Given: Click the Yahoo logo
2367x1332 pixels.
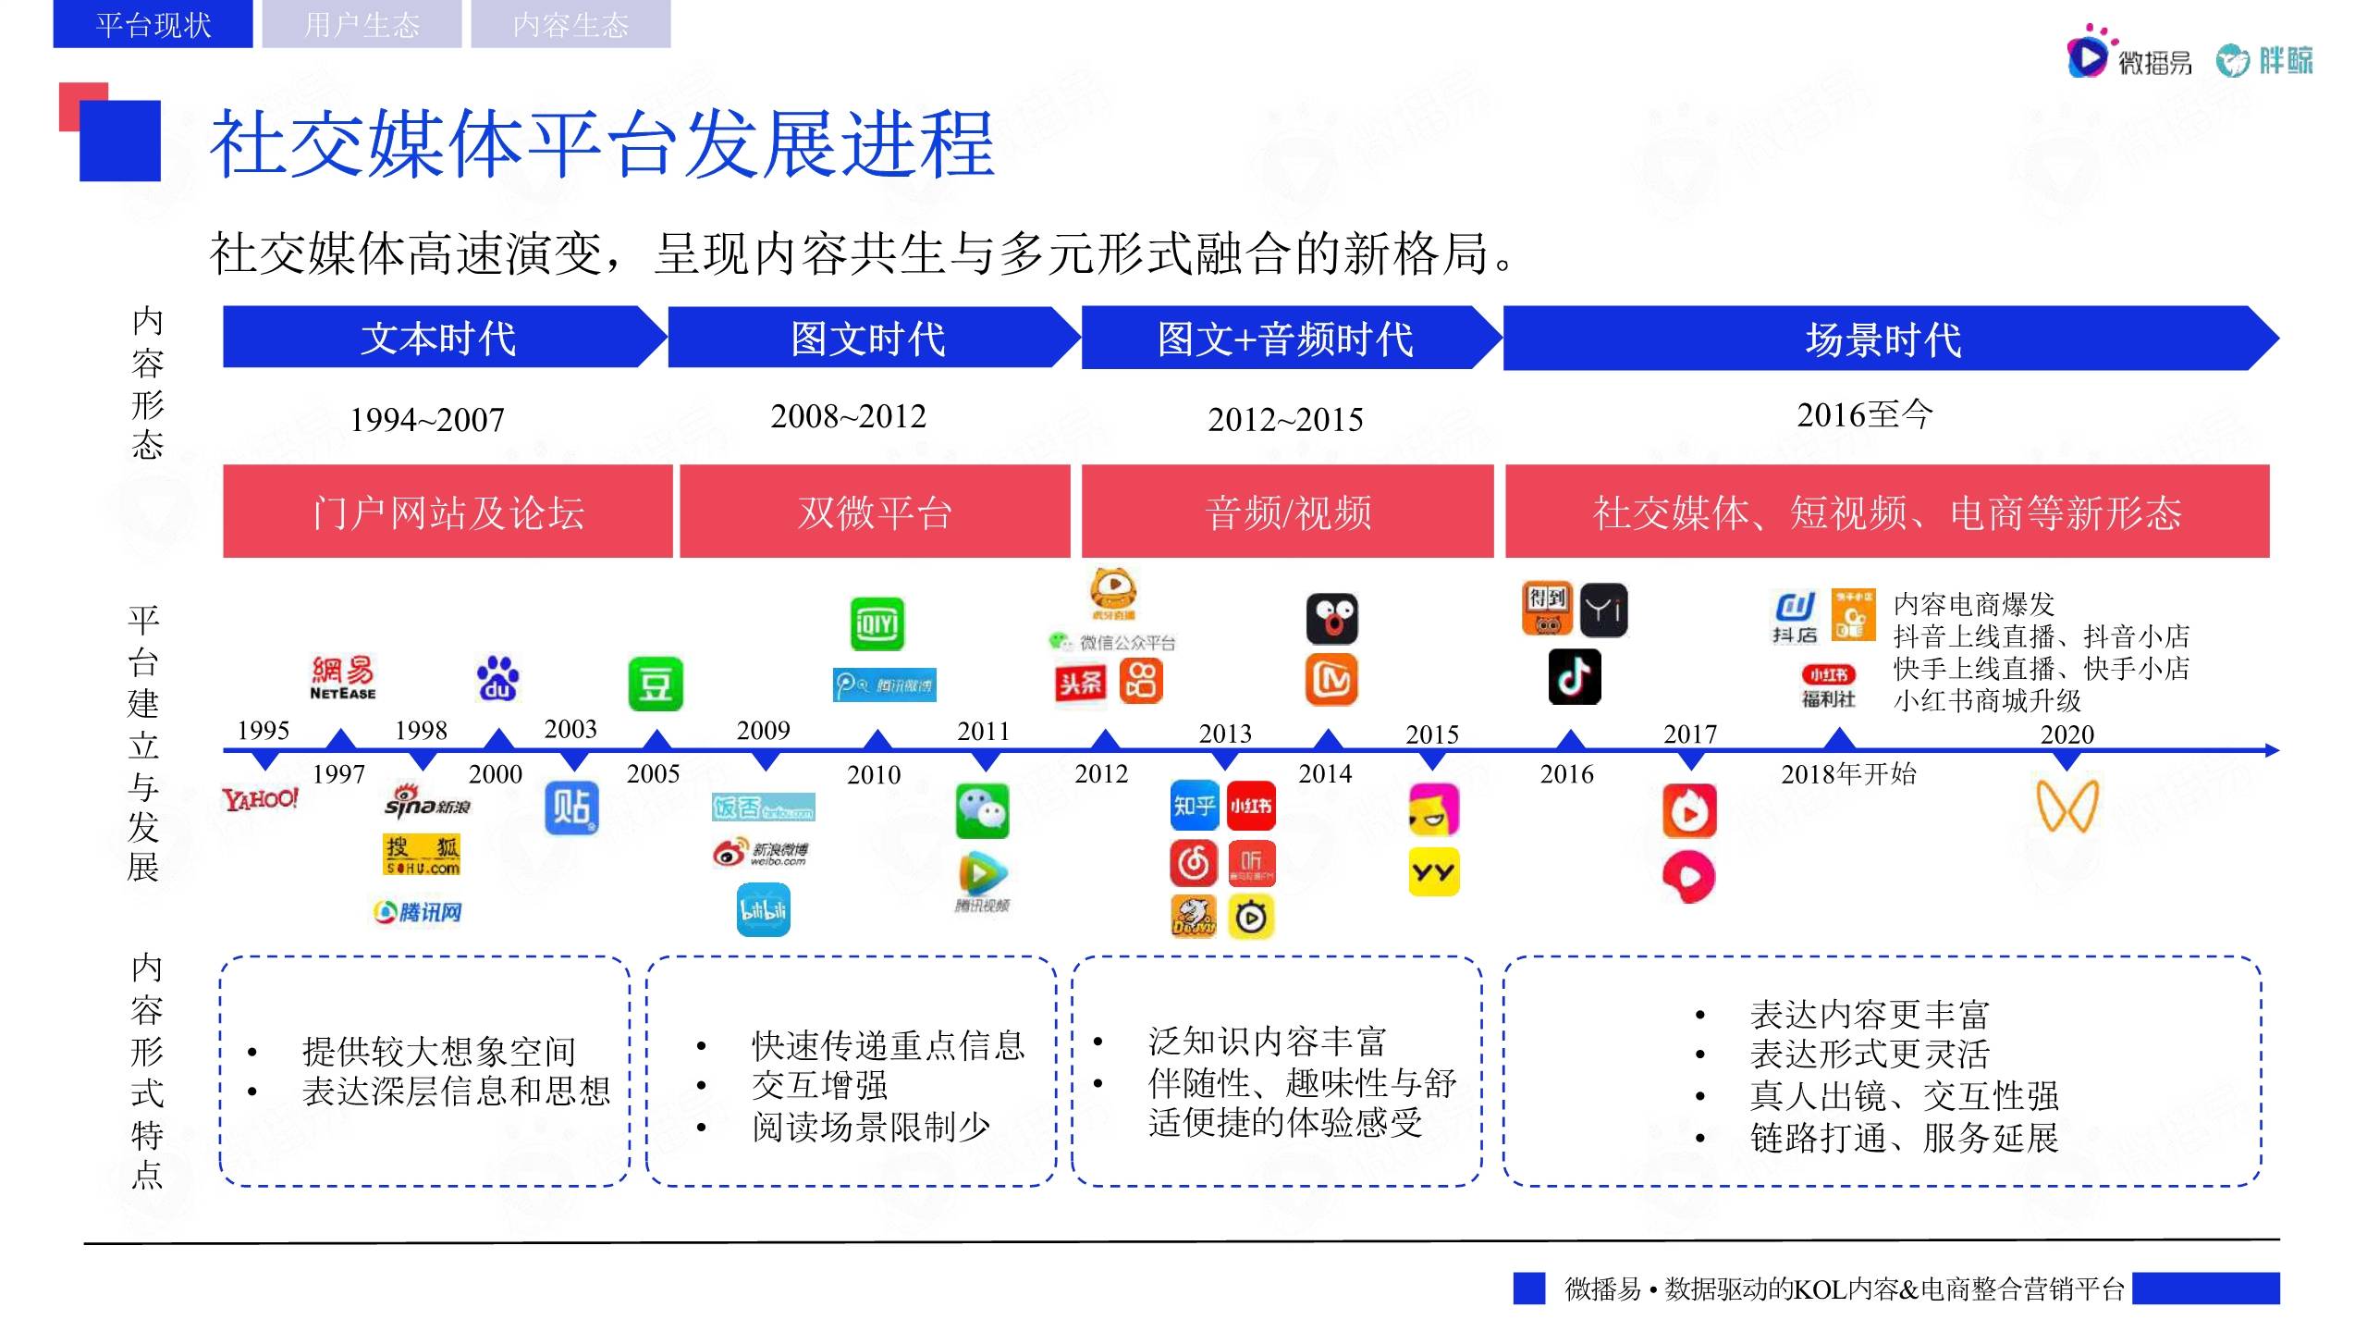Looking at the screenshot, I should click(261, 798).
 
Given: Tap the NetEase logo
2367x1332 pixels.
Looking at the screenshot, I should click(343, 678).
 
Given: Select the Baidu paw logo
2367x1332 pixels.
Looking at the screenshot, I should click(497, 679).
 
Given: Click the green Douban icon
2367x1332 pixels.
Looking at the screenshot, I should click(655, 684).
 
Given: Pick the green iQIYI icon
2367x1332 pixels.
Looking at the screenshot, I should click(877, 624).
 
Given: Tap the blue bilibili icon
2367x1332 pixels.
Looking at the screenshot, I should click(763, 910).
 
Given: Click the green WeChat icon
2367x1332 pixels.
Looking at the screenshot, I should click(982, 811).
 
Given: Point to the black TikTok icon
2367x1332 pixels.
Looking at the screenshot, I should click(1575, 677).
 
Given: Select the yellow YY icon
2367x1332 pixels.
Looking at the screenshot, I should click(1433, 871).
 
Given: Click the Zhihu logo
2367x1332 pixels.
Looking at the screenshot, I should click(1195, 807).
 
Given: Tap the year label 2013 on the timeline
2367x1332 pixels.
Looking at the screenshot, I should click(1225, 734).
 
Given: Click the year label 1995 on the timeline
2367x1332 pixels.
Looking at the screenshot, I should click(264, 731).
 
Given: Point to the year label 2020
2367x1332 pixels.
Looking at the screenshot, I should click(2067, 734).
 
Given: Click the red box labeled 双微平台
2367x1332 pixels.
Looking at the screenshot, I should click(875, 512).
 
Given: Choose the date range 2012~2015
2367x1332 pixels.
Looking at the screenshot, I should click(1285, 420).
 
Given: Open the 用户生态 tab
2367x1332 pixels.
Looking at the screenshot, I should click(362, 24).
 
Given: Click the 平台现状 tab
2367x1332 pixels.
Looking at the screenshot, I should click(153, 24).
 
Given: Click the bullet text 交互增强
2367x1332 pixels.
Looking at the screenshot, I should click(819, 1085).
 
